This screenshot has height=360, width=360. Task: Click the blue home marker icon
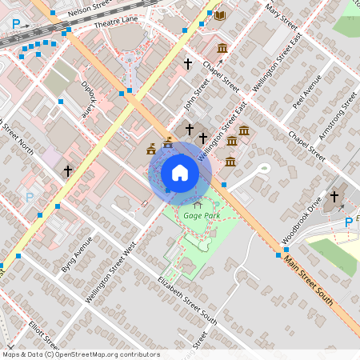click(x=179, y=172)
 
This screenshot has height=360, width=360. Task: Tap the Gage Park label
click(x=201, y=216)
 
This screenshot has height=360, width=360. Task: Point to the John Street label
click(x=190, y=102)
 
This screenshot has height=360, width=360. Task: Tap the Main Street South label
click(x=308, y=285)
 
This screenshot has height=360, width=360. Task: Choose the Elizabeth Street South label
click(x=187, y=299)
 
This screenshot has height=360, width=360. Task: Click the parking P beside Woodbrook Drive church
click(x=348, y=222)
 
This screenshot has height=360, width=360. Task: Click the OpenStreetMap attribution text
click(x=81, y=354)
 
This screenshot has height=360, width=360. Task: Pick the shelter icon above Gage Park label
click(x=198, y=205)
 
